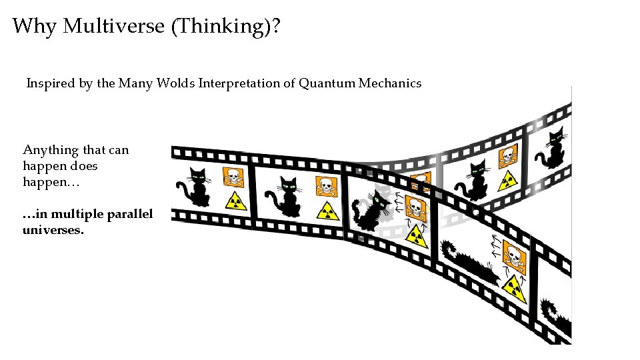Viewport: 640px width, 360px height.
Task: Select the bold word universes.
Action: point(53,230)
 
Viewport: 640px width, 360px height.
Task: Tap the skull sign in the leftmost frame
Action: point(233,177)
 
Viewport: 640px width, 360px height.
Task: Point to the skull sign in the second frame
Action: point(326,186)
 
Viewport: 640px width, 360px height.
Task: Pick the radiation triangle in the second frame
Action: point(327,211)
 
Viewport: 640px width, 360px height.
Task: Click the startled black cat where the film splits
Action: point(370,212)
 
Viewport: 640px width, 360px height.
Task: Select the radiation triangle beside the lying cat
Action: point(514,287)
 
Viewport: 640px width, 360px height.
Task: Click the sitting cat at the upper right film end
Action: point(553,149)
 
